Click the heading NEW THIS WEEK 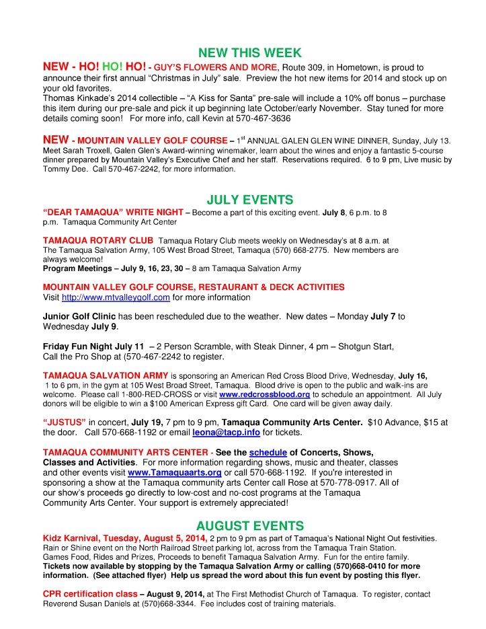click(244, 53)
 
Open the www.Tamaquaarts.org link click(175, 473)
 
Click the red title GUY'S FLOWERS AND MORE click(215, 67)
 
